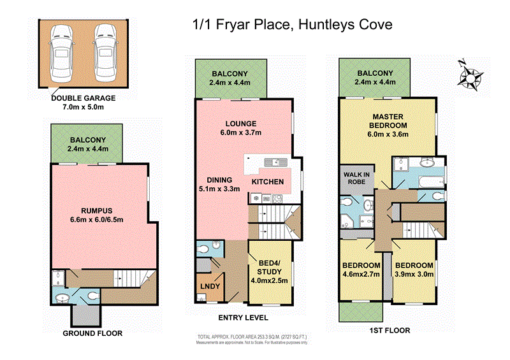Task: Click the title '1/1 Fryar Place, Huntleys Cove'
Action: tap(292, 25)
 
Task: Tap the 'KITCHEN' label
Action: tap(267, 182)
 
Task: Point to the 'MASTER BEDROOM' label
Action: tap(390, 121)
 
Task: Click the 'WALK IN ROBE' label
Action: tap(354, 176)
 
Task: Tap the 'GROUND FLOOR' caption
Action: tap(92, 333)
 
